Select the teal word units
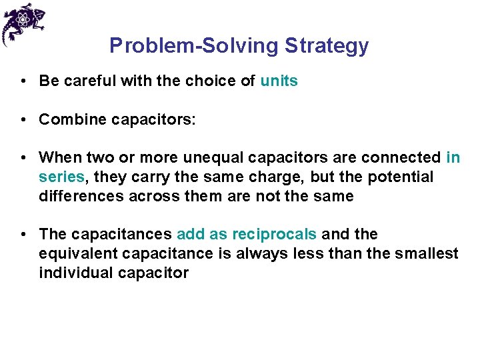point(279,81)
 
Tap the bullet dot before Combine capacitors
point(23,119)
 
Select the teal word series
point(61,177)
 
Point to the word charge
point(278,177)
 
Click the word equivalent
point(77,254)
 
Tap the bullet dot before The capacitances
point(23,235)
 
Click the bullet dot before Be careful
point(23,81)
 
